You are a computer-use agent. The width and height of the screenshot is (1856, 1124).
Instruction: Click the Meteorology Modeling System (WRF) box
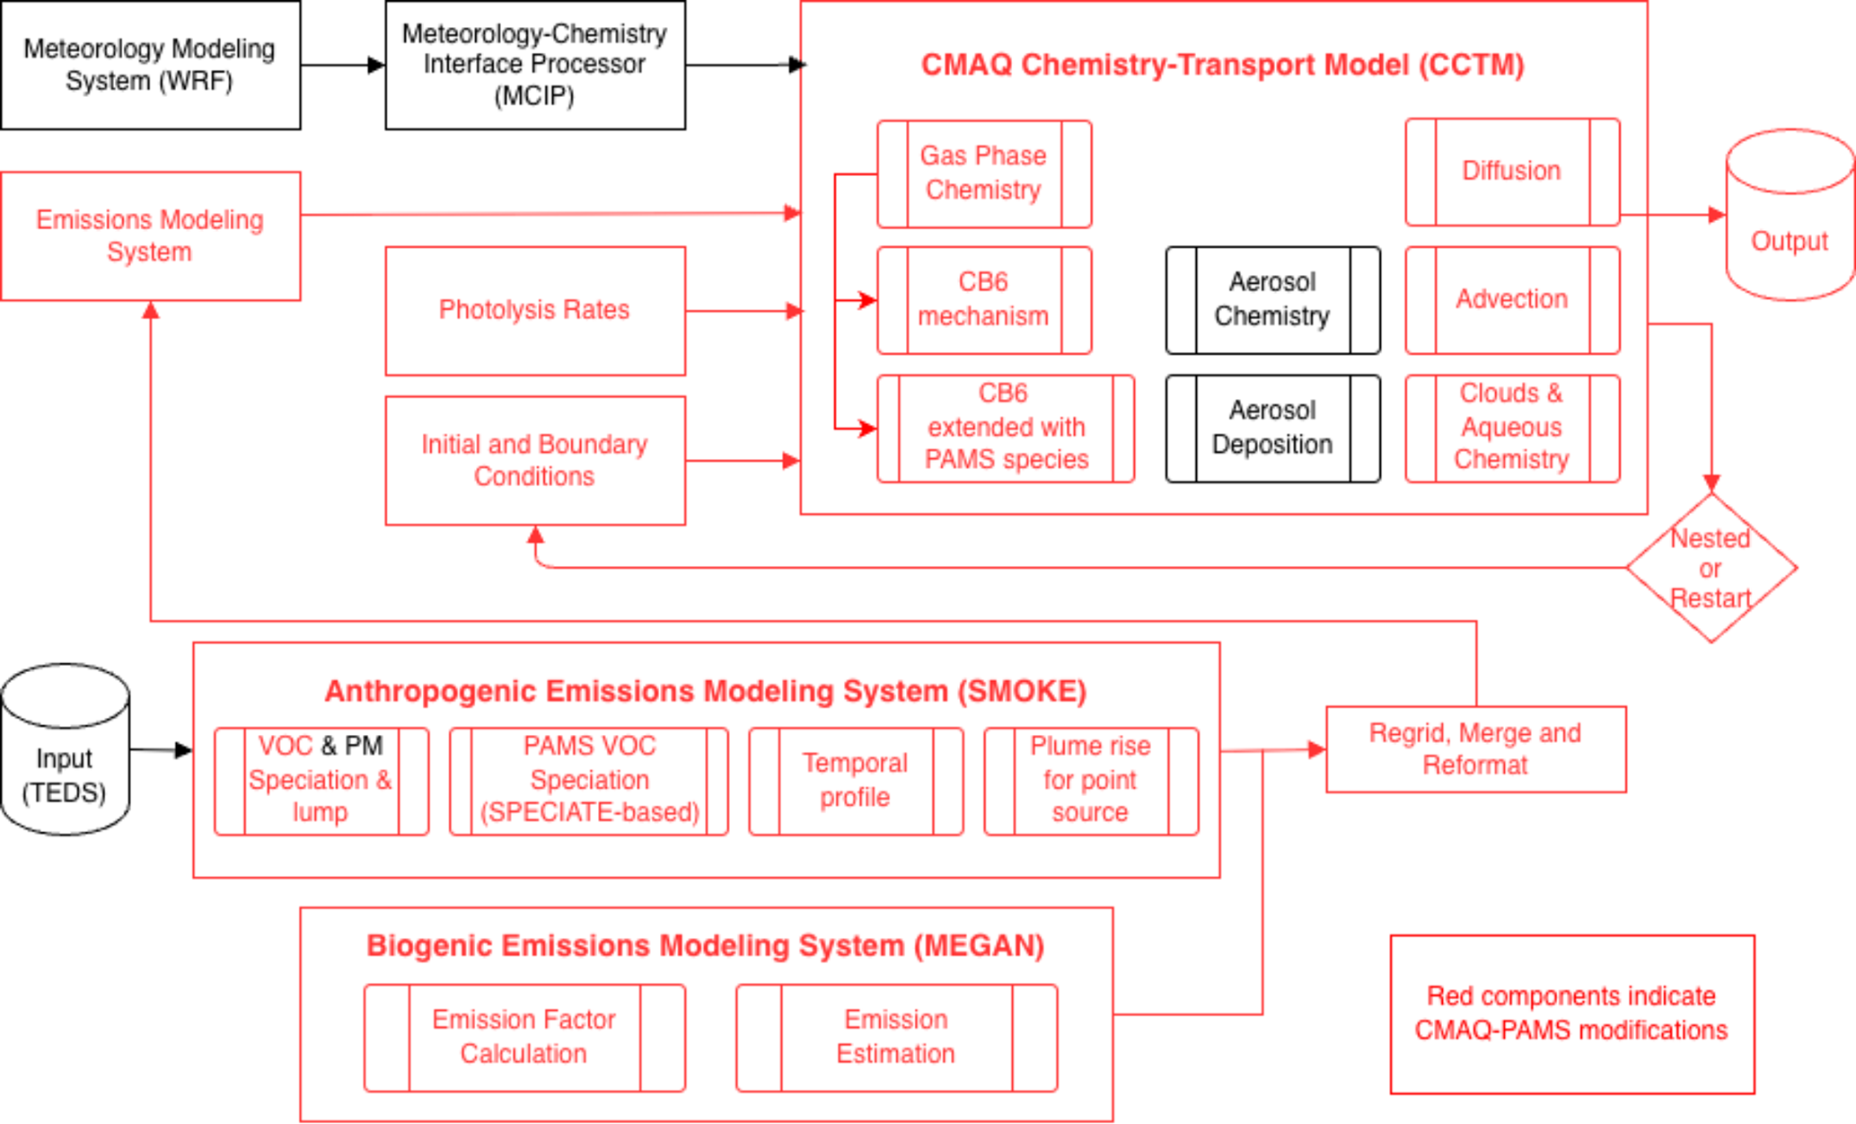150,65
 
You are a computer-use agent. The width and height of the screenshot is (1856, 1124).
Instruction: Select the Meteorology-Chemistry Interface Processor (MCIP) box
535,65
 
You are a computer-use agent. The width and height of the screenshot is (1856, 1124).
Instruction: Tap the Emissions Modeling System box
150,236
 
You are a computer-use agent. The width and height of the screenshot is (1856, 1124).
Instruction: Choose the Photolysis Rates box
535,311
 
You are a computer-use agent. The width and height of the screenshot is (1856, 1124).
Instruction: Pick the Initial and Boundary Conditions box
535,460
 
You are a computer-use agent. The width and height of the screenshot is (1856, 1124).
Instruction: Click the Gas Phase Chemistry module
984,173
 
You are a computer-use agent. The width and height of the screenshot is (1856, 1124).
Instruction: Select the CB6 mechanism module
984,300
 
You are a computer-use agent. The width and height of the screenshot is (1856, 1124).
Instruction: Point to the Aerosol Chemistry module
1272,300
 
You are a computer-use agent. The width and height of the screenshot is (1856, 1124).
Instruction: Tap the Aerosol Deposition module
1272,429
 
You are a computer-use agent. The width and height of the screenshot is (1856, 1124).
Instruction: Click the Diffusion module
1512,172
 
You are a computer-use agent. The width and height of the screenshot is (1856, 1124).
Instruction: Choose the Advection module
1512,300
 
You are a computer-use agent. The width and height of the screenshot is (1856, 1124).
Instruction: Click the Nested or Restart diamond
1711,568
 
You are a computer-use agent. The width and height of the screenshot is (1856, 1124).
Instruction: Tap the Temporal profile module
856,781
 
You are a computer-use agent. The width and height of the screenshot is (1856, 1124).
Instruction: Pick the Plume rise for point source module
1091,781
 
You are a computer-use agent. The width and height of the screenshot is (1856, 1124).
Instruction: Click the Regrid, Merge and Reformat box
1475,749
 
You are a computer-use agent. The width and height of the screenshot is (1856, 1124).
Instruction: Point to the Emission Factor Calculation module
524,1038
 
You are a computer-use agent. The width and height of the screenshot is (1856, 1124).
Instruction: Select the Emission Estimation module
896,1038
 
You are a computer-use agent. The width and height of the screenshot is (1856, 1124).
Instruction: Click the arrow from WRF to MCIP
342,65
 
